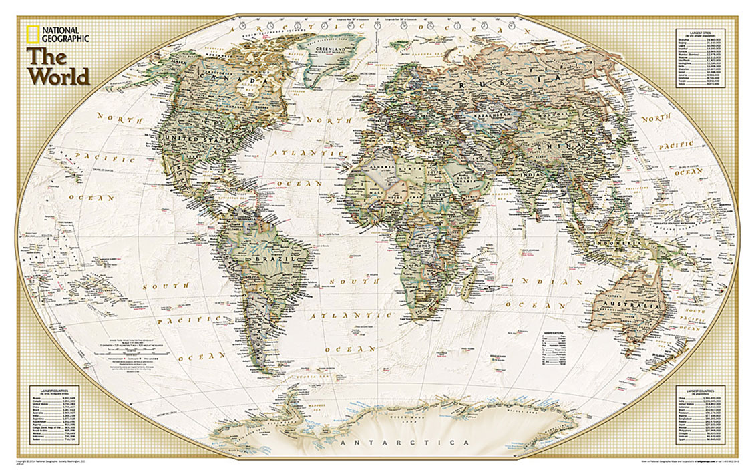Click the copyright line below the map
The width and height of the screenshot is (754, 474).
point(60,461)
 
